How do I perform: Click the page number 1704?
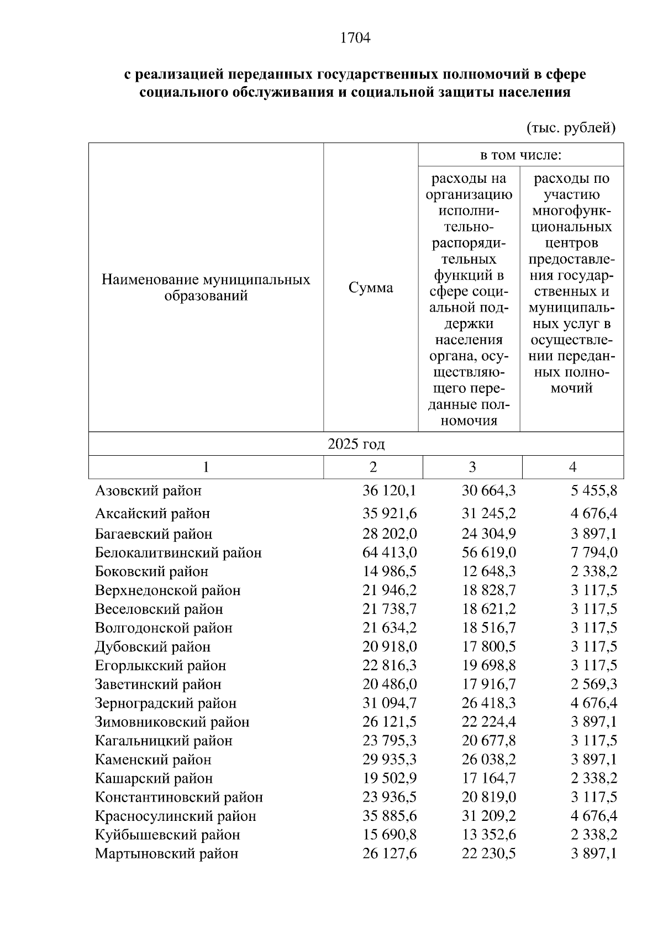point(355,38)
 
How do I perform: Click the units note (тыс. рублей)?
point(571,128)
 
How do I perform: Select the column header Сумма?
point(371,288)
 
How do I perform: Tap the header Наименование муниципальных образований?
point(206,287)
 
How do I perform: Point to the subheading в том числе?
point(520,155)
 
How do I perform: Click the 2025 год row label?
point(356,444)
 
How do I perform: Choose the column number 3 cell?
point(472,467)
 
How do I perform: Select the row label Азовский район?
point(148,491)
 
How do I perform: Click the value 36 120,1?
point(390,491)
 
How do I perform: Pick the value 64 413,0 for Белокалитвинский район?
point(390,552)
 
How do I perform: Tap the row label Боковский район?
point(151,571)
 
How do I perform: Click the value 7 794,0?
point(594,552)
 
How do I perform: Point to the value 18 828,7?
point(489,590)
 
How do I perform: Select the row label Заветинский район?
point(158,684)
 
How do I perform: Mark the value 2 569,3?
point(594,684)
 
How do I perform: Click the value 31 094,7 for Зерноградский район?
point(390,703)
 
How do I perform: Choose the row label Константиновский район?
point(179,797)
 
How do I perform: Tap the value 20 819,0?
point(489,797)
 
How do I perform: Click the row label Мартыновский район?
point(167,853)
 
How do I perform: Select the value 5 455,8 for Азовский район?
point(594,491)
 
